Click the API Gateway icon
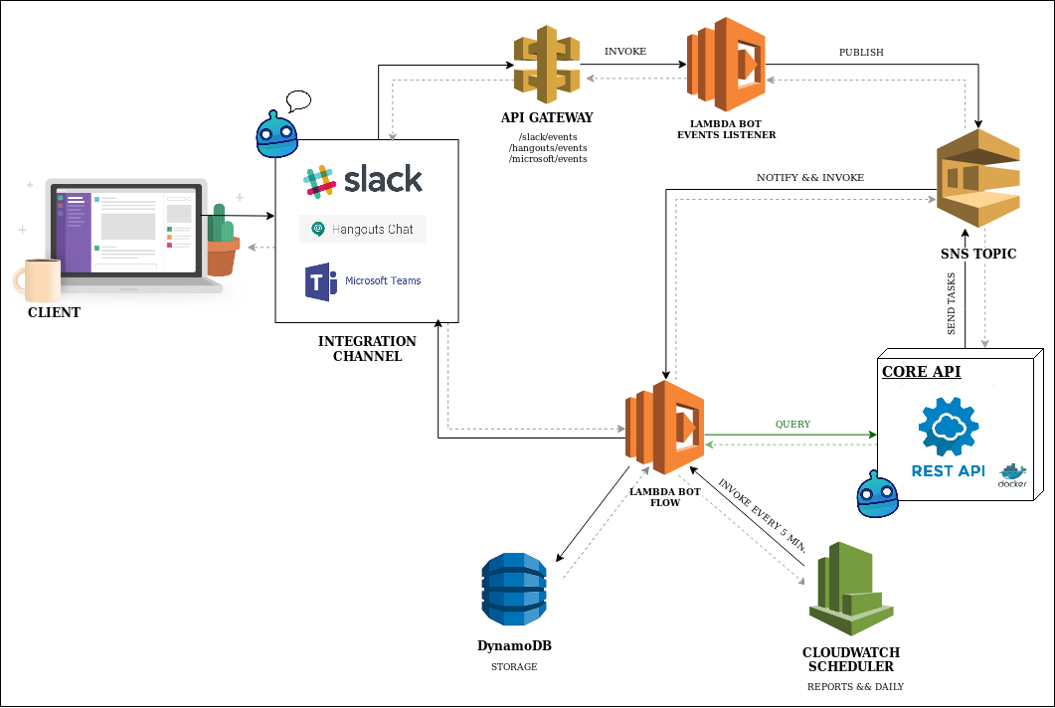point(546,66)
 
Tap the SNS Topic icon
point(978,179)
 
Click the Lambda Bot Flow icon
point(664,429)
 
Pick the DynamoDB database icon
point(514,588)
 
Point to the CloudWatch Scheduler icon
point(851,588)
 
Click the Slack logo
point(364,180)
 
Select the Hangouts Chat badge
point(363,229)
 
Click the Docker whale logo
point(1013,475)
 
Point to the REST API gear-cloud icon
point(949,429)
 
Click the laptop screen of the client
point(129,230)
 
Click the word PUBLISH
point(861,53)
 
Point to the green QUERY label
point(792,425)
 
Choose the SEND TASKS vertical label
point(952,303)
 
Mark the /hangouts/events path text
point(548,147)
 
